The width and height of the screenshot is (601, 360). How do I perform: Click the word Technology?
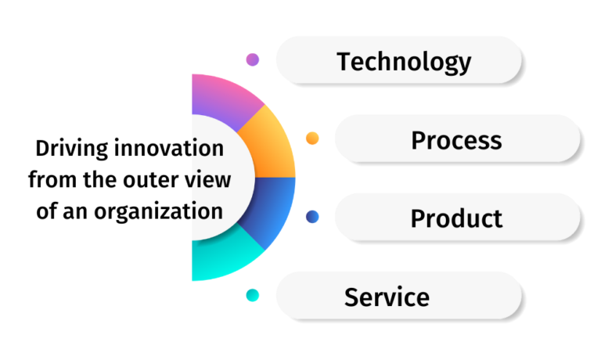(404, 61)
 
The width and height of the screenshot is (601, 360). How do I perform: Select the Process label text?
(456, 140)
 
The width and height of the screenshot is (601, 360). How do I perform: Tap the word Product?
(456, 218)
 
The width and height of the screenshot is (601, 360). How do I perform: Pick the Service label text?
(387, 297)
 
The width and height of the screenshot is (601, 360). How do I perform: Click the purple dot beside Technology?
(252, 59)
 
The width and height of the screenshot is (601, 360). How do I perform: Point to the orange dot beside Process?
(312, 139)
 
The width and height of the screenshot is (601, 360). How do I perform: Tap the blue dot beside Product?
(312, 217)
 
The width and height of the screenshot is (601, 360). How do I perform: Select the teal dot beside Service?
(252, 296)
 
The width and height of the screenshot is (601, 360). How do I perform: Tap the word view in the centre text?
(211, 180)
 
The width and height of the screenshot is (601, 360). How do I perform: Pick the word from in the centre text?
(50, 180)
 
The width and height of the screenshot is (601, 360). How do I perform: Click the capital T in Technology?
(344, 61)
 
